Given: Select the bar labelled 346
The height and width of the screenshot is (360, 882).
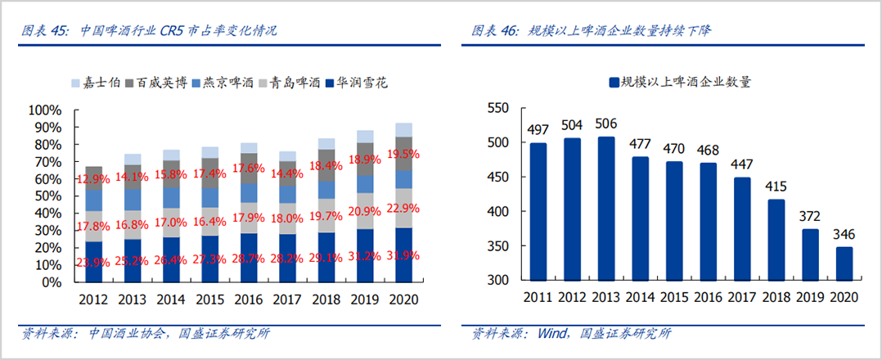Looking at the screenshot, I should tap(844, 263).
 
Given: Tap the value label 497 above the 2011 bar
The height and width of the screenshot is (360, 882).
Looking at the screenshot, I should tap(538, 130).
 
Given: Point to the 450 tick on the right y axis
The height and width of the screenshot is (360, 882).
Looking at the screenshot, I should tap(497, 177).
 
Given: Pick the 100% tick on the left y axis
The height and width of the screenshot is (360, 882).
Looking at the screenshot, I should tap(45, 110).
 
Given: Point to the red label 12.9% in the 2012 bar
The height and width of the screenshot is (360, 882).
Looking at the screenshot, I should tap(94, 179).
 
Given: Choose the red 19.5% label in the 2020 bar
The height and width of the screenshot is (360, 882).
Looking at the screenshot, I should tap(403, 154).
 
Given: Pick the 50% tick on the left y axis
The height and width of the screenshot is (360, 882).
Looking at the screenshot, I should tap(47, 196).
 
